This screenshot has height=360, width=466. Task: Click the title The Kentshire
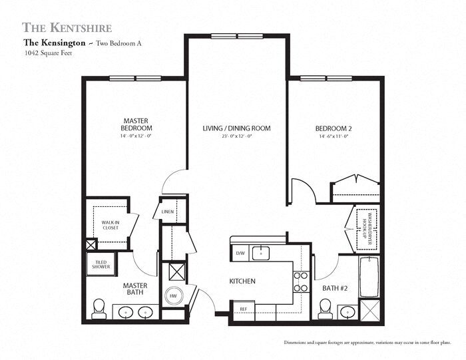(67, 27)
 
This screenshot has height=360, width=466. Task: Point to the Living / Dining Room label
(236, 128)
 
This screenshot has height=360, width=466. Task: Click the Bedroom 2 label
(334, 128)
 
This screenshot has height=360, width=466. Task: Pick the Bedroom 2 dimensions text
(334, 136)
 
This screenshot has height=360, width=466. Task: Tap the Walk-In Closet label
(110, 225)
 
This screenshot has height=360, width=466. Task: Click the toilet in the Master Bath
(99, 307)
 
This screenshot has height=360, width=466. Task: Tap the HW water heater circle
(172, 296)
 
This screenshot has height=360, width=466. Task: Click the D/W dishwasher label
(240, 253)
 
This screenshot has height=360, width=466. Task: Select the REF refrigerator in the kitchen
(242, 309)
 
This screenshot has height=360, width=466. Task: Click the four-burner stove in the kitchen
(301, 281)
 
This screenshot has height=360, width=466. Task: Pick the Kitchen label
(243, 281)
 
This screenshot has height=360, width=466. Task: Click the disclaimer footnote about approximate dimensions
(367, 342)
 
